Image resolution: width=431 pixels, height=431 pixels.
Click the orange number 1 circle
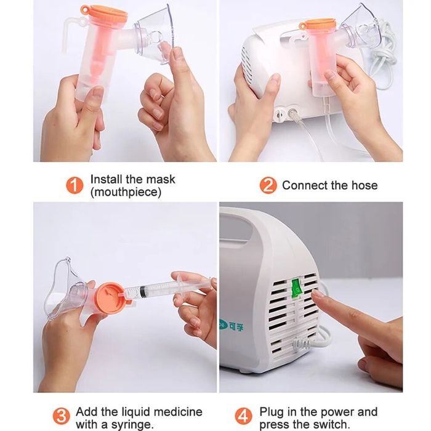coord(75,185)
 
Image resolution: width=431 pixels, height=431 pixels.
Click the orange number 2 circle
coord(268,185)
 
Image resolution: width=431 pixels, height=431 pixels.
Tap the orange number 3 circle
coord(61,416)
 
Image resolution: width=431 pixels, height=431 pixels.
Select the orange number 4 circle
coord(244,416)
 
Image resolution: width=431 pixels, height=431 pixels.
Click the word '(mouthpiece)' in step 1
coord(126,192)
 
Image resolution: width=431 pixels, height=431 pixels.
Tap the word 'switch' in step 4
coord(331,424)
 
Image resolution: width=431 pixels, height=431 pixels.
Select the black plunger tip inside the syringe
coord(142,292)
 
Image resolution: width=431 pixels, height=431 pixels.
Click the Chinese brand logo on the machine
coord(232,326)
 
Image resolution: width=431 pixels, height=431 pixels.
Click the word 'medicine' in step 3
coord(178,412)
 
